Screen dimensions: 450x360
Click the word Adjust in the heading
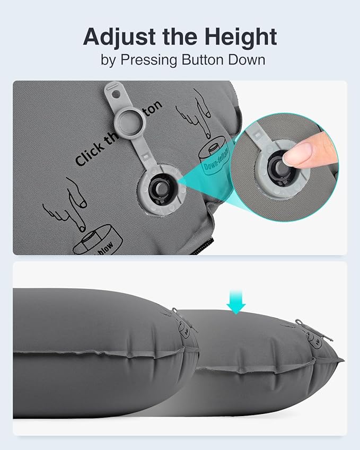115,37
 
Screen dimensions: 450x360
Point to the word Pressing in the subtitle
148,59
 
